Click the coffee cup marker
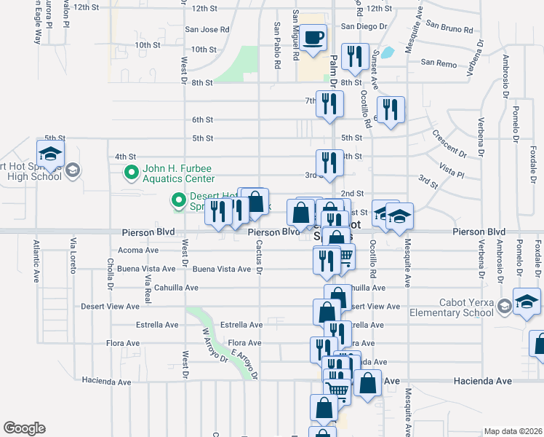314,37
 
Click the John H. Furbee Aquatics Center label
178,173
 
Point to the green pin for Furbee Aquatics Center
132,173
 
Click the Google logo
24,428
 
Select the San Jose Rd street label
207,30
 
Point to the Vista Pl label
452,170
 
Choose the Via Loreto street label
72,252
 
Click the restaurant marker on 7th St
329,103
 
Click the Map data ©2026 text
513,431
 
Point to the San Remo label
439,64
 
